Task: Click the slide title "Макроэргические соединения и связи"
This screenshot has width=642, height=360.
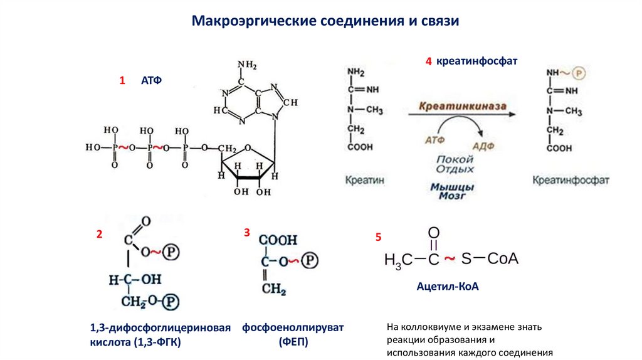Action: click(325, 21)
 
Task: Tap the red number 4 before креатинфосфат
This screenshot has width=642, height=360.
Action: click(428, 61)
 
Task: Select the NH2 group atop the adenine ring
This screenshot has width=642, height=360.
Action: click(246, 65)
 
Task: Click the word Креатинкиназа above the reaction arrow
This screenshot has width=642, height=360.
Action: click(462, 107)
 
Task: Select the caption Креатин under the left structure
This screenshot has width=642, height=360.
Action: click(365, 180)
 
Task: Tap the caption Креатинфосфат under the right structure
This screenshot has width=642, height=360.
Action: click(571, 180)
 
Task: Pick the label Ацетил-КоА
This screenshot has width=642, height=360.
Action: click(448, 286)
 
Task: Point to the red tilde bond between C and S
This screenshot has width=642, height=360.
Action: click(449, 258)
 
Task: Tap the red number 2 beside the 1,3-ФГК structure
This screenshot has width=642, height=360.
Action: click(98, 235)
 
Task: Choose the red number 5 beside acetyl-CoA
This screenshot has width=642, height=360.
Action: click(378, 237)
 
